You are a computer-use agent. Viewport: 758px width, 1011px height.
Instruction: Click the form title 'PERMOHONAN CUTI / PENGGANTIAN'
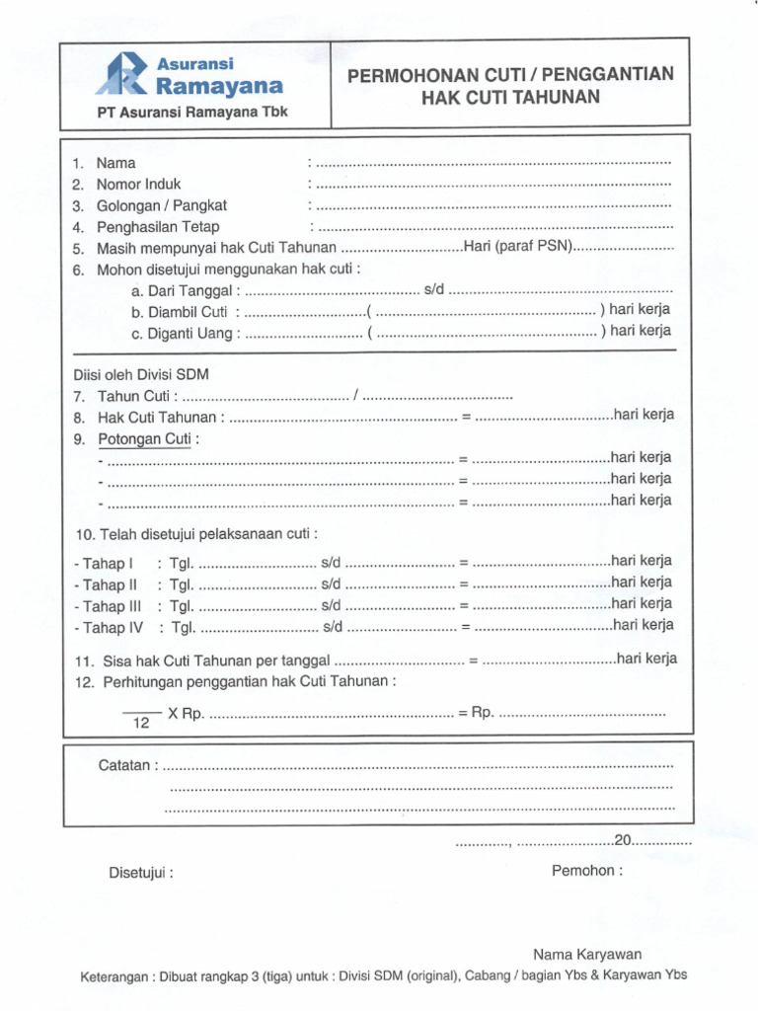click(x=510, y=75)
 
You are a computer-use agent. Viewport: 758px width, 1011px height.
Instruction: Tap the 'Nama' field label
click(x=116, y=163)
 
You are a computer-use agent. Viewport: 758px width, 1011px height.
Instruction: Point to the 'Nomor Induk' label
click(x=138, y=184)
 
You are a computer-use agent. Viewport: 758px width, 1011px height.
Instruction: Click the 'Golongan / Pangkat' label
click(x=162, y=205)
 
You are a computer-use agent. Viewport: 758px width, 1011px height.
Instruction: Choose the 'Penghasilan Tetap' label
click(x=158, y=227)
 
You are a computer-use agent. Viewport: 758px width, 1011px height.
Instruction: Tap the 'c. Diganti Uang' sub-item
click(x=184, y=333)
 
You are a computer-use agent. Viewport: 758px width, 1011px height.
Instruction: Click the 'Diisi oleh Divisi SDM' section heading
click(x=141, y=375)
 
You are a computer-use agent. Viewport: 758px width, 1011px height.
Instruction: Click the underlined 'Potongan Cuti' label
click(x=144, y=438)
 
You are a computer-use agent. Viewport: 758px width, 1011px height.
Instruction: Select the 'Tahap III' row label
click(x=108, y=606)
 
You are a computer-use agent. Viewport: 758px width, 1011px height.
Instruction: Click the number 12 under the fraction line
click(x=140, y=724)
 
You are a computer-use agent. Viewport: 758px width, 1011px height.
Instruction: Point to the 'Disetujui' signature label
click(x=141, y=873)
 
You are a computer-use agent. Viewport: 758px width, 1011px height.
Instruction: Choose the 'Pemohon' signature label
click(x=587, y=871)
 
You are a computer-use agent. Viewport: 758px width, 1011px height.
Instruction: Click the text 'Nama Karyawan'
click(x=587, y=954)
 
